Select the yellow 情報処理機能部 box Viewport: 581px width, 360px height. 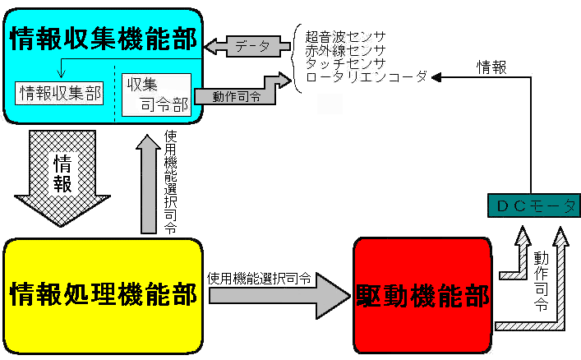[104, 294]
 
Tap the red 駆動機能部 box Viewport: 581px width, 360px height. [422, 294]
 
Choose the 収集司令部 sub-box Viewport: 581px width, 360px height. [155, 95]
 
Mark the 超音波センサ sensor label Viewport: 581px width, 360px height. [344, 36]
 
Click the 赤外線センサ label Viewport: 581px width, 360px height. [344, 49]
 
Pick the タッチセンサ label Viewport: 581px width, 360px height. [344, 62]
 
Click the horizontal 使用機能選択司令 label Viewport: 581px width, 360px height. [259, 278]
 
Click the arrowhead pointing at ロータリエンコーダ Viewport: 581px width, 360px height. [440, 77]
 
